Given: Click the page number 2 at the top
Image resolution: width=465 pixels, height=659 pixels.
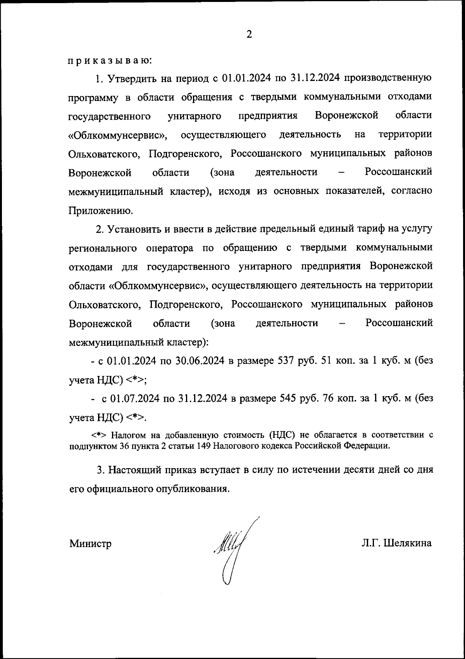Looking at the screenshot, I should coord(249,35).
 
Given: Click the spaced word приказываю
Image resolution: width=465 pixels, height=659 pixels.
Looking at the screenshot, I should coord(110,61).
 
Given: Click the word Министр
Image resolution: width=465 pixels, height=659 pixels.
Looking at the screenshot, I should coord(91,544).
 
